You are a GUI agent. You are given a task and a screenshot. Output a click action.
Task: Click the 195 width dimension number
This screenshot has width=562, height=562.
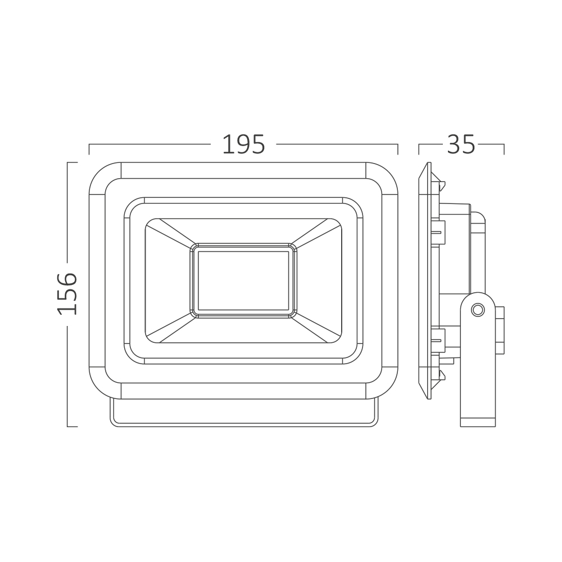(243, 144)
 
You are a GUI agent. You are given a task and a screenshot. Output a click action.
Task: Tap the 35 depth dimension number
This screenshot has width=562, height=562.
(461, 144)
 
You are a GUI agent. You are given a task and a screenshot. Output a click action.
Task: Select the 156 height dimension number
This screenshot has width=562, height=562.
(67, 294)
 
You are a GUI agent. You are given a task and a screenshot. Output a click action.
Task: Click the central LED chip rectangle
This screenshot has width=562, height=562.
(243, 280)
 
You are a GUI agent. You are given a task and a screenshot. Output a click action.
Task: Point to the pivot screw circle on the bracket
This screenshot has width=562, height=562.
(477, 309)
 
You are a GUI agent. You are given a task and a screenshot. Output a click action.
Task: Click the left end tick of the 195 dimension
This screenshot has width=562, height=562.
(89, 149)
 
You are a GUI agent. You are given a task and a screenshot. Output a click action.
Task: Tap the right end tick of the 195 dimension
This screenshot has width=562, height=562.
(398, 149)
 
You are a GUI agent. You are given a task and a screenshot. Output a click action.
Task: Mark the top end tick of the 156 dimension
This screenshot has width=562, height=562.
(72, 162)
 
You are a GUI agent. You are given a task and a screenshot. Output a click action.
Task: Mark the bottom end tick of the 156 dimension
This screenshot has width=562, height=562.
(72, 427)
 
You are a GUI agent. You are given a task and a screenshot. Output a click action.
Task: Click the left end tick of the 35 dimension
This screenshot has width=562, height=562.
(419, 149)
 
